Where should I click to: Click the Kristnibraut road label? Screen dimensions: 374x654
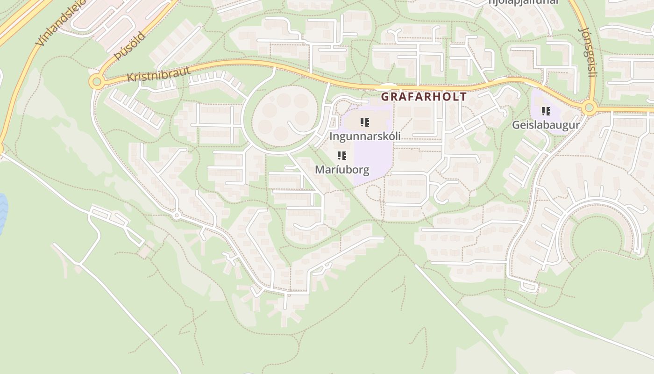pos(159,74)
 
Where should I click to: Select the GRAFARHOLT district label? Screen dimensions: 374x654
pos(424,97)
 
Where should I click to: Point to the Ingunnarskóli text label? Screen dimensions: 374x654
pos(365,137)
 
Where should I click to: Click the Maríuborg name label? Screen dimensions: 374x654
pos(341,169)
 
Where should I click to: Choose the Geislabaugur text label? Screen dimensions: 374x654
pos(546,125)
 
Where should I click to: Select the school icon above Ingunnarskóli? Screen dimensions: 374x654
pos(365,123)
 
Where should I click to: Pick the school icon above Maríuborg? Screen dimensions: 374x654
pos(342,156)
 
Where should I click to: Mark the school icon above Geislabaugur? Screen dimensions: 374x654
pos(546,111)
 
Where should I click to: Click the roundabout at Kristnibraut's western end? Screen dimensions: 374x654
pos(96,82)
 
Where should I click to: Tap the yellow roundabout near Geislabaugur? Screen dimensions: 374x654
pos(589,108)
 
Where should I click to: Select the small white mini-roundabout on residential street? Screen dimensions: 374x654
pos(176,216)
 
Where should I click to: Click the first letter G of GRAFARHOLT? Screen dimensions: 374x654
pos(385,97)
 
